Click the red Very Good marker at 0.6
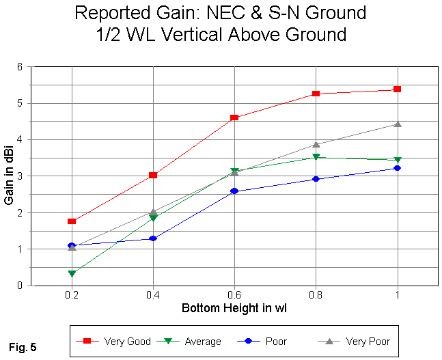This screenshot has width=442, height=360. click(234, 117)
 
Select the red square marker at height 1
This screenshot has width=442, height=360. click(397, 89)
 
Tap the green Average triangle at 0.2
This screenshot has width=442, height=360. click(72, 273)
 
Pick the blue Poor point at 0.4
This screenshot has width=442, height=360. click(153, 238)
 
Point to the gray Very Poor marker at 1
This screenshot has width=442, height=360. click(397, 124)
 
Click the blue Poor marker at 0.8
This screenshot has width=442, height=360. click(316, 179)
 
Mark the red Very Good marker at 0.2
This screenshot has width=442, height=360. click(72, 221)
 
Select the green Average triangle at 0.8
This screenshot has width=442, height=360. click(316, 157)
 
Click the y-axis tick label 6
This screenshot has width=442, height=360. click(21, 67)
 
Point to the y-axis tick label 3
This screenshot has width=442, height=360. click(21, 176)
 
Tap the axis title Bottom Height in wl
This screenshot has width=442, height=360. click(234, 309)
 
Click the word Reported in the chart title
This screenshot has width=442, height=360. click(110, 14)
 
